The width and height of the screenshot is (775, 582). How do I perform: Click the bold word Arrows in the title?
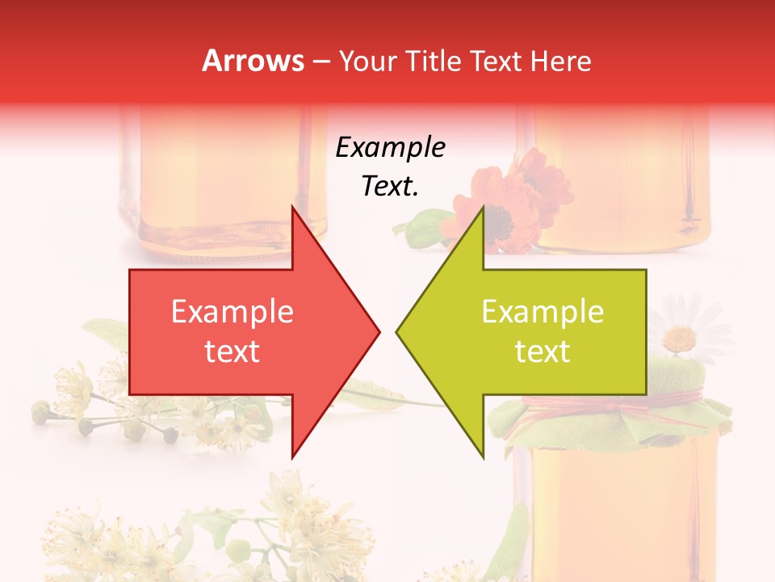point(253,61)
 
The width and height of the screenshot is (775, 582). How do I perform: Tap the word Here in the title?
point(560,61)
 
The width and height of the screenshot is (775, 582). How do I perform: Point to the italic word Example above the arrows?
point(390,148)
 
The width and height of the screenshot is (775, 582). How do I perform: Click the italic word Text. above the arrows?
point(390,186)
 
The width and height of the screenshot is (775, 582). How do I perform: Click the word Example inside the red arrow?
point(232,312)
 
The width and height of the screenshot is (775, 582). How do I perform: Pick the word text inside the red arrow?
point(232,351)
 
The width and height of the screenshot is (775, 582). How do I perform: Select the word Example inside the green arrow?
point(542,312)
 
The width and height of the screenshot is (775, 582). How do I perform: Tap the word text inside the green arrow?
point(542,351)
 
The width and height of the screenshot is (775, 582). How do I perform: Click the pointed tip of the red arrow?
point(379,331)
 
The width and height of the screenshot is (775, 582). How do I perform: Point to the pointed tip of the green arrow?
point(396,331)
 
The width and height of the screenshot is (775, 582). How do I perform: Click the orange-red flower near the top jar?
point(505,202)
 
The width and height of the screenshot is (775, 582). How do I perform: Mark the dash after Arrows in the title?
point(320,61)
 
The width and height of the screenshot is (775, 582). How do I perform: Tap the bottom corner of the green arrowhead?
point(483,458)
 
